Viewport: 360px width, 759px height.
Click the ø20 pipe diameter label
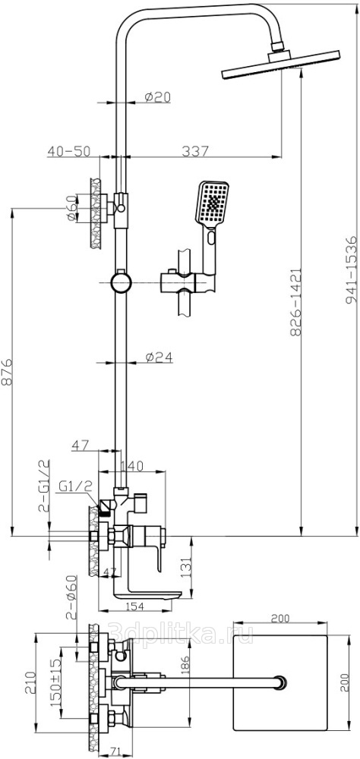[x=158, y=97]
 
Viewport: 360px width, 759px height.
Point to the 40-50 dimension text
[x=68, y=151]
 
